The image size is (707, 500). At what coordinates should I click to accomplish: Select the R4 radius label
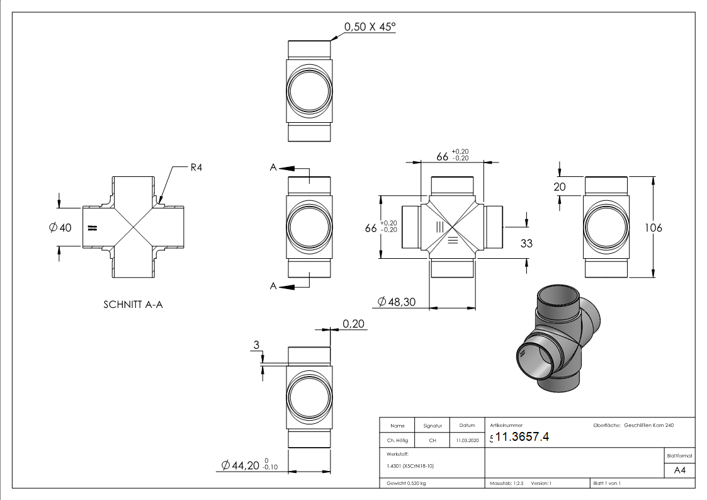pos(198,168)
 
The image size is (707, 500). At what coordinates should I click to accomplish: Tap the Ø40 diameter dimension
pos(60,227)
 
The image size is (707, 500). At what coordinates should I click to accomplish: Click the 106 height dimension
pos(655,228)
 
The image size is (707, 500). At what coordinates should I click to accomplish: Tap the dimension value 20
pos(560,186)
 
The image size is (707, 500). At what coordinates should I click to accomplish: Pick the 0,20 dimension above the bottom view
pos(353,324)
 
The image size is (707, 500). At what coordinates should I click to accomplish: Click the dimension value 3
pos(256,345)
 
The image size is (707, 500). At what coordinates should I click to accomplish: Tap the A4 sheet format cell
pos(680,470)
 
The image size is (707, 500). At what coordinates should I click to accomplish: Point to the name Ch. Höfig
pos(397,441)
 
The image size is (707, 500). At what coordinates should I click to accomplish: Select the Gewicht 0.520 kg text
pos(404,484)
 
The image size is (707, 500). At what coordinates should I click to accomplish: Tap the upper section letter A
pos(273,168)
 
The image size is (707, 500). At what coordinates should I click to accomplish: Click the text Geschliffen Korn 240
pos(649,426)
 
